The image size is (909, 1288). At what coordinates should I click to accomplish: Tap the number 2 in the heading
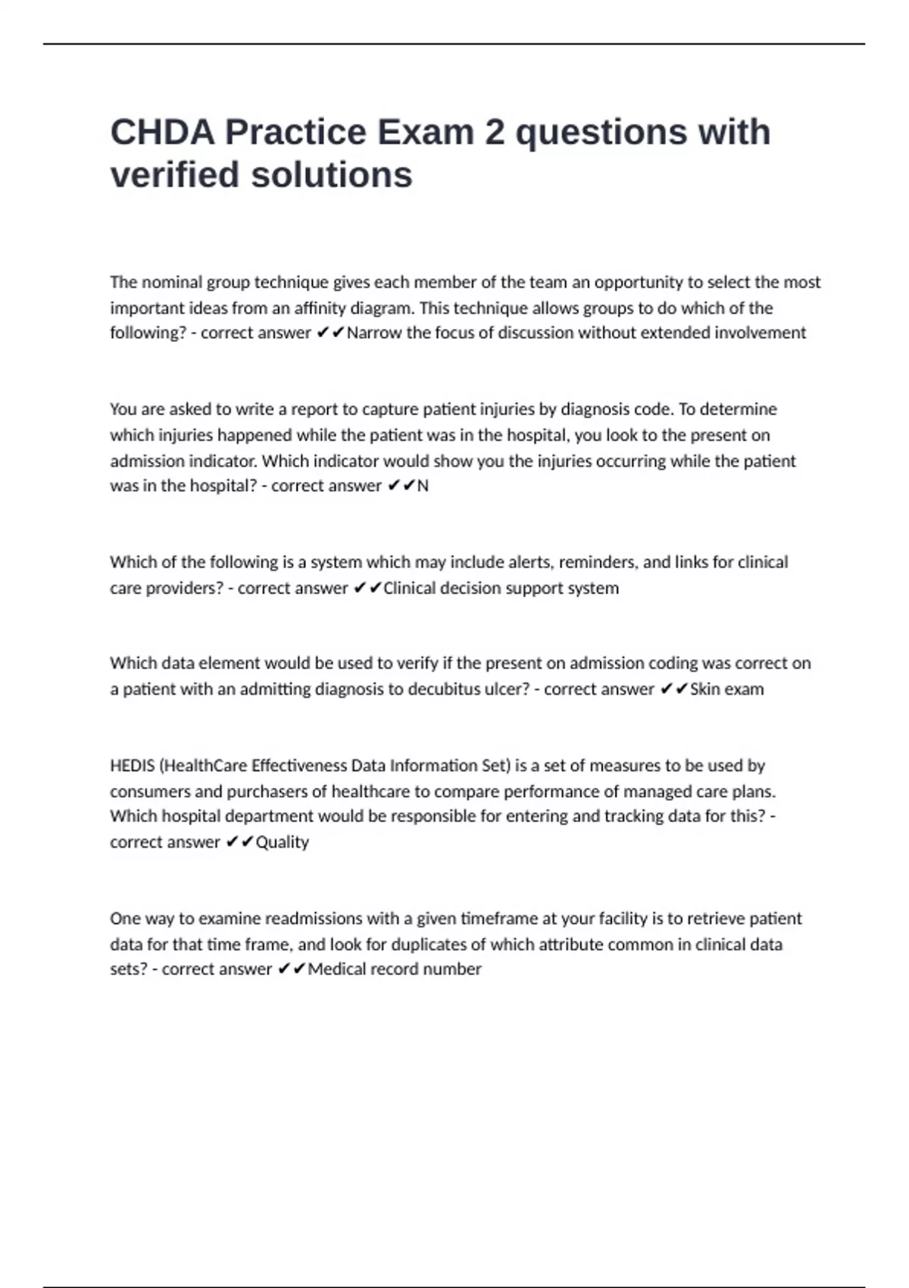pyautogui.click(x=495, y=133)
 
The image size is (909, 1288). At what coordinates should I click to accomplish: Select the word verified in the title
pyautogui.click(x=175, y=175)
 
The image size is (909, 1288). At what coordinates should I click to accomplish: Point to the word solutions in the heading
pyautogui.click(x=332, y=175)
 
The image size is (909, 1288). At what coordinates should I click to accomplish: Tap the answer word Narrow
pyautogui.click(x=373, y=333)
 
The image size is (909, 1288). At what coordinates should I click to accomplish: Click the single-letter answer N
pyautogui.click(x=423, y=486)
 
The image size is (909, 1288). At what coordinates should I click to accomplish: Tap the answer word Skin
pyautogui.click(x=704, y=689)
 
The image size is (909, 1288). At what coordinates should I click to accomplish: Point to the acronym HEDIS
pyautogui.click(x=132, y=766)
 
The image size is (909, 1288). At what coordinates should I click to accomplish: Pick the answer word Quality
pyautogui.click(x=283, y=843)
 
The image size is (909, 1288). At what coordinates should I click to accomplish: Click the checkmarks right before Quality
pyautogui.click(x=239, y=843)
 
